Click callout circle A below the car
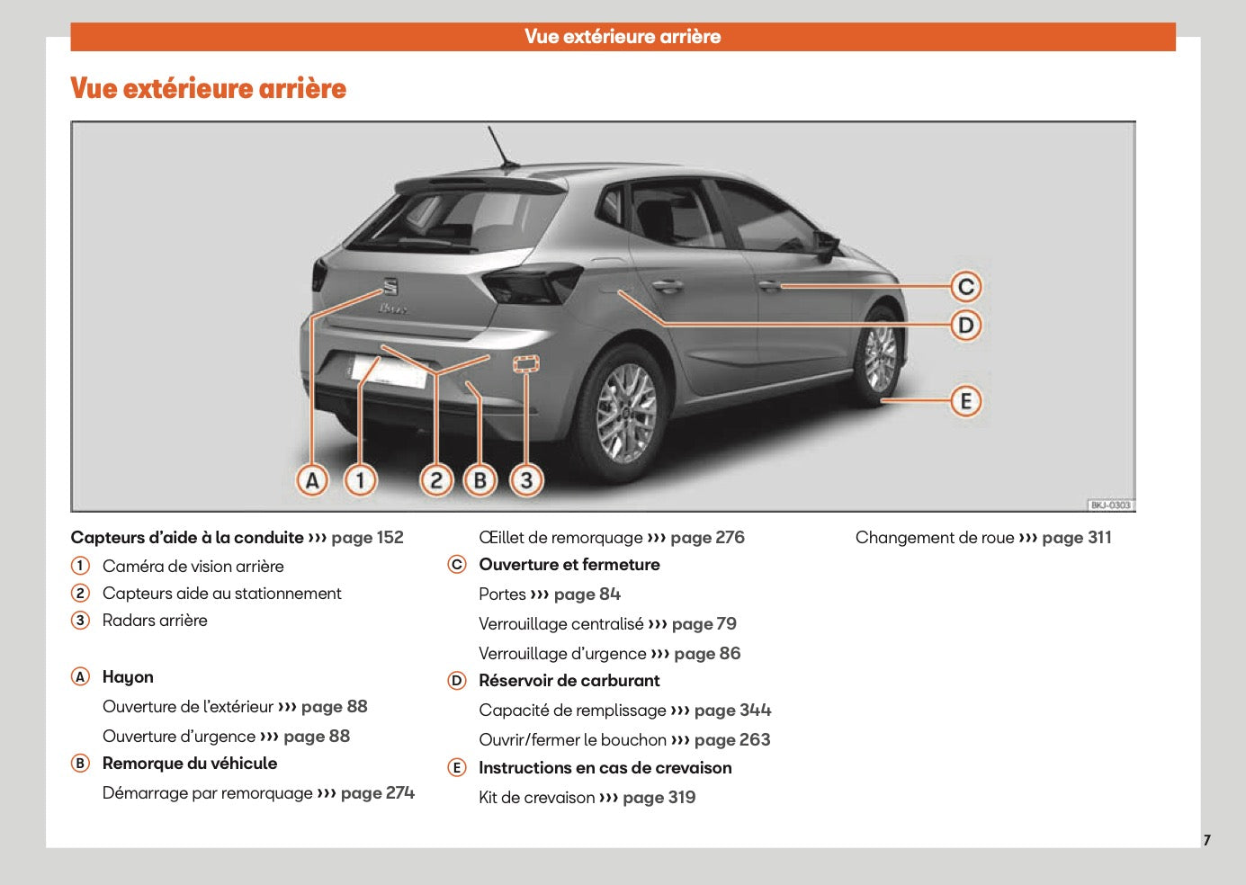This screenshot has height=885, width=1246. tap(312, 480)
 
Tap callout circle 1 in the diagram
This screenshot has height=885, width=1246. tap(361, 480)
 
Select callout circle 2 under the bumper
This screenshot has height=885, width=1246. tap(436, 480)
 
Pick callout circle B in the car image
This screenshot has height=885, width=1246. tap(480, 480)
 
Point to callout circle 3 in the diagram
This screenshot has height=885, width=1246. tap(526, 480)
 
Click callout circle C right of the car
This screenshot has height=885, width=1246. tap(965, 287)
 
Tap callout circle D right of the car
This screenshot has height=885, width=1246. tap(965, 325)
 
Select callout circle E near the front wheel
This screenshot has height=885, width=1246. tap(965, 401)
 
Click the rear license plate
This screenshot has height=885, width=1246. tap(389, 371)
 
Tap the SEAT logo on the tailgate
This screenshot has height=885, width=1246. tap(390, 287)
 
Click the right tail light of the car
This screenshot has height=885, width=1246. tap(531, 283)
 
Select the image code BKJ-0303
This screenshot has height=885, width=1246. tap(1110, 505)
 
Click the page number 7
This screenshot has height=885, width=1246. tap(1206, 840)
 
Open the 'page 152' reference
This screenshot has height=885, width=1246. tap(367, 538)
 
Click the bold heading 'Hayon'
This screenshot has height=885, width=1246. tap(128, 677)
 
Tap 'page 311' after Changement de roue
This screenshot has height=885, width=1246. tap(1076, 538)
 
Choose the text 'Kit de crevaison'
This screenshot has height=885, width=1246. tap(536, 798)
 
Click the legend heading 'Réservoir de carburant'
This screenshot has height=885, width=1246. tap(569, 681)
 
